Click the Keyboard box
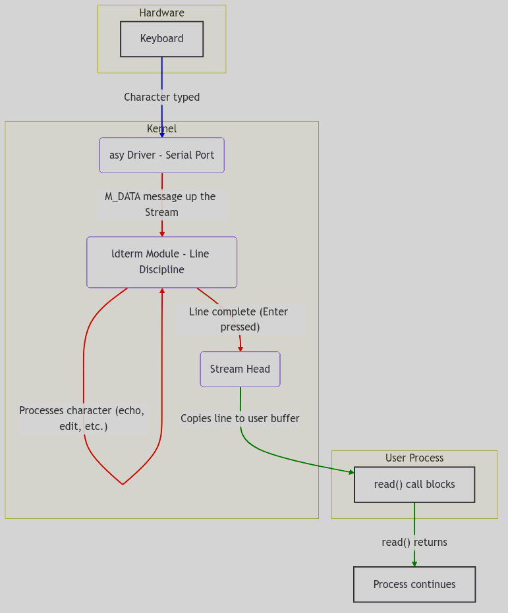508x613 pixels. coord(161,39)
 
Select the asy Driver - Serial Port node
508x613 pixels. coord(161,155)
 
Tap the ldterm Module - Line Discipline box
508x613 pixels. coord(161,262)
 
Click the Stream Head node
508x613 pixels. coord(240,369)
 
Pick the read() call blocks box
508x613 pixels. coord(414,485)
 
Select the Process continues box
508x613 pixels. coord(414,585)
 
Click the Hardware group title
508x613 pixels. coord(161,13)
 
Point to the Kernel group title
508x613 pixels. coord(161,129)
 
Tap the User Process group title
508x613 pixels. coord(414,458)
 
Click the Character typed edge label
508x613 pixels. coord(161,97)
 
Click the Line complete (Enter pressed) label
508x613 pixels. coord(239,319)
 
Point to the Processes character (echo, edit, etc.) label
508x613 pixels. coord(82,419)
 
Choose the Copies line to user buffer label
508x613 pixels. coord(240,419)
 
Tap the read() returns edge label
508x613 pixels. coord(414,543)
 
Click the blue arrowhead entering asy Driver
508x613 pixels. coord(162,135)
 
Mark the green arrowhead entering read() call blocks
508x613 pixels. coord(351,472)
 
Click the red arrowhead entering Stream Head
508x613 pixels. coord(240,349)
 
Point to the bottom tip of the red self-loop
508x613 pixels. coord(123,484)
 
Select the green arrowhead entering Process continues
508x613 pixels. coord(414,564)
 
